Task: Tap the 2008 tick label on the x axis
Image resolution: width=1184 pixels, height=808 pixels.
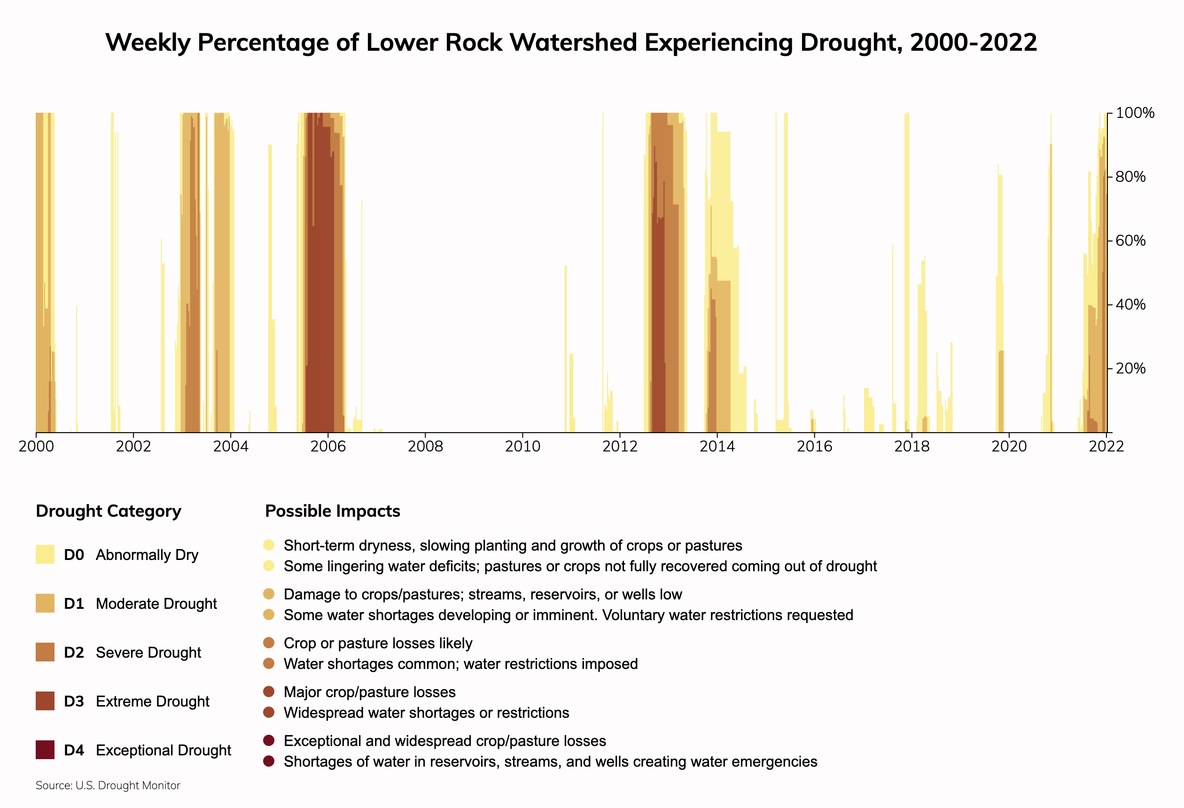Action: [425, 447]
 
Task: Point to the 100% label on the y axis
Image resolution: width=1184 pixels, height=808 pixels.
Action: [1135, 113]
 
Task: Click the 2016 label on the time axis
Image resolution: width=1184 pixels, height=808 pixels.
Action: [814, 447]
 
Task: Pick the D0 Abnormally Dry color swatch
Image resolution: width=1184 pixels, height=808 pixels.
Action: [45, 554]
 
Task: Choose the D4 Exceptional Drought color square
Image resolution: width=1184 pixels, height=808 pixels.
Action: [45, 750]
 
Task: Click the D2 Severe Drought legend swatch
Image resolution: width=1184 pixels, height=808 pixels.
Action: [45, 652]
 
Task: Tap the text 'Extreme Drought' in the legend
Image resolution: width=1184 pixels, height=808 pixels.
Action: [152, 701]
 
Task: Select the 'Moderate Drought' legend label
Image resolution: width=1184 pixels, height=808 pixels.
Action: [156, 604]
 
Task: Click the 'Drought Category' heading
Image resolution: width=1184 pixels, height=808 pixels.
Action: [109, 511]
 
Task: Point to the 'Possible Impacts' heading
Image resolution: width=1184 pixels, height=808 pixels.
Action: [333, 511]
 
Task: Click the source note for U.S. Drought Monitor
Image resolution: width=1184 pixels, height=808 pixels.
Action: [108, 785]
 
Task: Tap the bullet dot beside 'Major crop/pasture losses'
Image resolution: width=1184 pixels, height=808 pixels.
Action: [269, 691]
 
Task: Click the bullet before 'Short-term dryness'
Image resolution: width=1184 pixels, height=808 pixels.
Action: [269, 545]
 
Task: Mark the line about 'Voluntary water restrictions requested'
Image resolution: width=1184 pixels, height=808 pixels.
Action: [568, 615]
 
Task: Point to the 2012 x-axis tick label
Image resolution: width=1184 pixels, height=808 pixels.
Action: [620, 447]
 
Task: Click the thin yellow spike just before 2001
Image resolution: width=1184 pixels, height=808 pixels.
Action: [77, 367]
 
